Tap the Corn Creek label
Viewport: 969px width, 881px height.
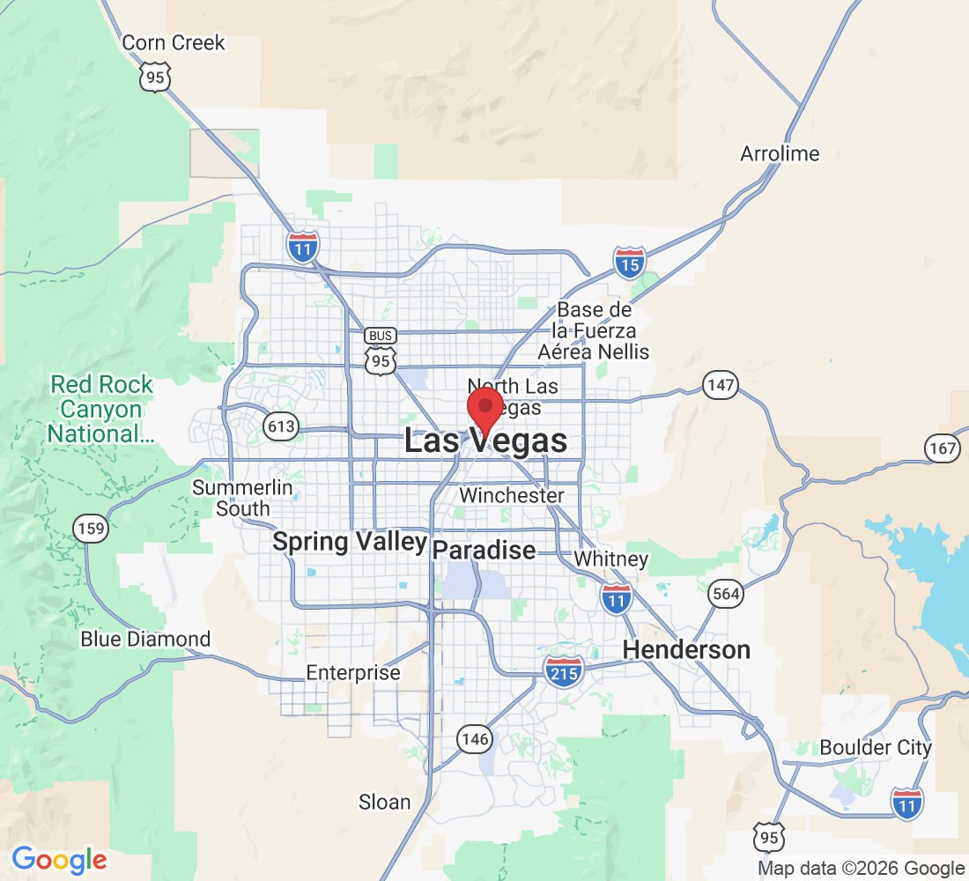pos(174,42)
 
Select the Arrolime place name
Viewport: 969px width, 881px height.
pos(780,154)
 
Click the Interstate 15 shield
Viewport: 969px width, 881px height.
pos(629,263)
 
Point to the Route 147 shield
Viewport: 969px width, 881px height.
pos(720,384)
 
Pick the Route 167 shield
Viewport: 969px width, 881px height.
pos(942,448)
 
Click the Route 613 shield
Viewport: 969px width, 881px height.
pos(281,428)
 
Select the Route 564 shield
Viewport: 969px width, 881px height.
pos(726,593)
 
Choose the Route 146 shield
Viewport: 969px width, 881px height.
pos(473,738)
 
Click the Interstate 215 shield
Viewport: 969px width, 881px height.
pos(563,671)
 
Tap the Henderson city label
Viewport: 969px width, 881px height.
pos(686,650)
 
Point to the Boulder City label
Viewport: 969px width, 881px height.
pos(875,747)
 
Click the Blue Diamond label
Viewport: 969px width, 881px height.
pos(145,639)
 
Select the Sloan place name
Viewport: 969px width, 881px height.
pos(384,802)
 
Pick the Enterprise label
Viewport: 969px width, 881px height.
pos(352,673)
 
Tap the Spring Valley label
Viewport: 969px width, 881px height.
pos(350,542)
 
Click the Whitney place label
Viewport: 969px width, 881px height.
pos(610,559)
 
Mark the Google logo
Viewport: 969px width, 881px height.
pos(59,860)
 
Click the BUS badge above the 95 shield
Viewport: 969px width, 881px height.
pos(381,336)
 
